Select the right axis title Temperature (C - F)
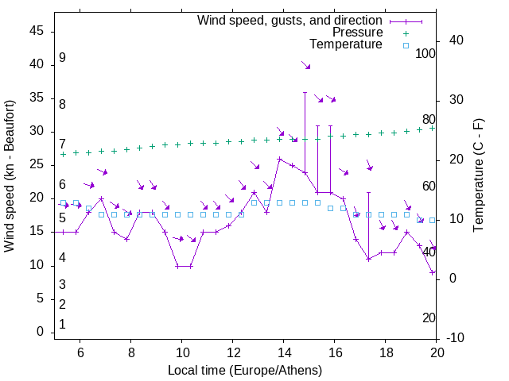point(478,175)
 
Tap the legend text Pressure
point(358,33)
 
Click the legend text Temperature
point(345,44)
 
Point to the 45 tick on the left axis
point(37,30)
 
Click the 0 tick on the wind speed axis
point(41,332)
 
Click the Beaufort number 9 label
point(62,58)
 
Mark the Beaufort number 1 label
point(62,325)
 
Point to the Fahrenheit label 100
point(425,53)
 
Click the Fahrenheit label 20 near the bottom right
point(429,317)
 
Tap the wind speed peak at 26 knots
point(280,159)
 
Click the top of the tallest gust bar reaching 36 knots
point(305,92)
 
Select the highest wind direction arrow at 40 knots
point(305,64)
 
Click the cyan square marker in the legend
point(405,45)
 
